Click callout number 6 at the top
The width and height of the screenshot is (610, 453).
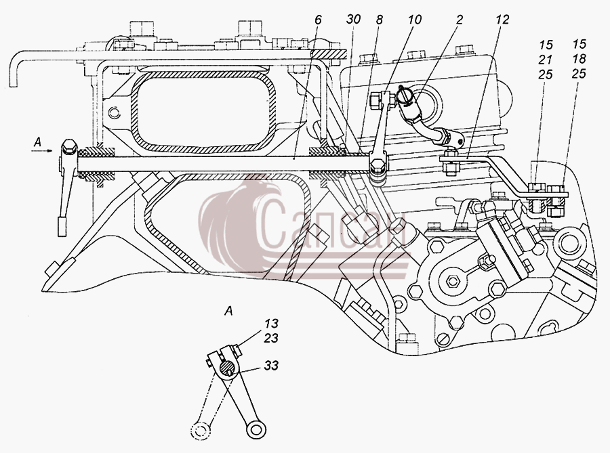319,20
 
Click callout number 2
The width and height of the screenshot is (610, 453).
460,20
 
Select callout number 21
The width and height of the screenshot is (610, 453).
546,60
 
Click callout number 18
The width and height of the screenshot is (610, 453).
579,59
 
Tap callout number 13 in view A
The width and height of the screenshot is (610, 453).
272,323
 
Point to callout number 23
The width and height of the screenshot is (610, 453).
271,338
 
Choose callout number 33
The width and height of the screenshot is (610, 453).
271,365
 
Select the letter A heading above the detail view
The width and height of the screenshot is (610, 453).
229,311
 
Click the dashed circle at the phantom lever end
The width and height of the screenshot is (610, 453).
201,431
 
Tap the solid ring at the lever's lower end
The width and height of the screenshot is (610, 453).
256,429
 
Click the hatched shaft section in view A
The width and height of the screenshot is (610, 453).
228,366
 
